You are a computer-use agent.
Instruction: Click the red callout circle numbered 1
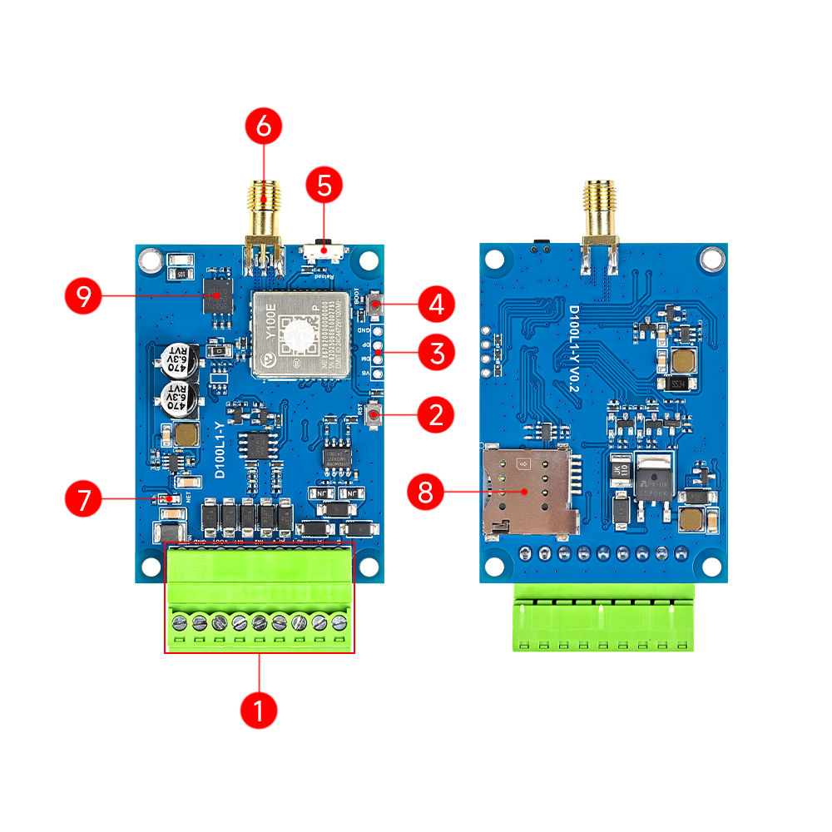point(258,711)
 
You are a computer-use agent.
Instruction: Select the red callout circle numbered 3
point(436,353)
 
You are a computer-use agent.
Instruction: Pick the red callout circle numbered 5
point(324,186)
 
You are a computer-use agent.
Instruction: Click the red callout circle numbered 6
point(264,127)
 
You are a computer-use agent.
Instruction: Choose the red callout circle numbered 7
point(84,499)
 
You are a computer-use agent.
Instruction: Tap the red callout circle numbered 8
point(426,492)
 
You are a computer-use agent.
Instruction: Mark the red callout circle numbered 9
point(84,295)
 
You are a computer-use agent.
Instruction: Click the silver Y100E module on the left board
point(299,334)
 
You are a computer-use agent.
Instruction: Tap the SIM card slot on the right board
point(528,489)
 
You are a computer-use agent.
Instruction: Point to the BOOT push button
point(376,305)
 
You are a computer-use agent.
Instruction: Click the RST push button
point(375,414)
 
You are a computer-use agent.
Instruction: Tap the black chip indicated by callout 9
point(219,295)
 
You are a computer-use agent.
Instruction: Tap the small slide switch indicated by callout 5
point(324,249)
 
